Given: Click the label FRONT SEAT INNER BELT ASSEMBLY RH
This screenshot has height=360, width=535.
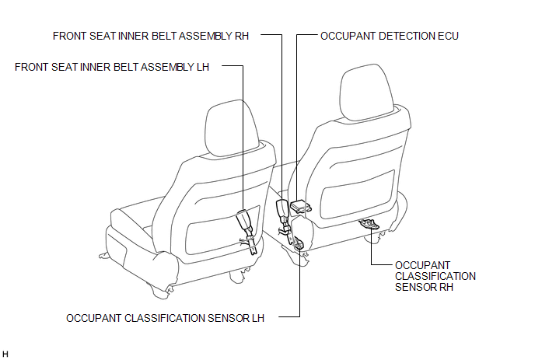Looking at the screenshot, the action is (x=151, y=36).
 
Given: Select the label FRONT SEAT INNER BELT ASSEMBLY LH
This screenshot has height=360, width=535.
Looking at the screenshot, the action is (x=112, y=67).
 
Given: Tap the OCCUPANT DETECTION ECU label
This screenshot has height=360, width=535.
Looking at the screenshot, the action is (x=390, y=36).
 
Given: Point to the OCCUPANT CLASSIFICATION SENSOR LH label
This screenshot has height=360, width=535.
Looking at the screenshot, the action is (x=165, y=318).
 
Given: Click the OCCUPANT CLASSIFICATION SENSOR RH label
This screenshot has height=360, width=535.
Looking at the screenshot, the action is (x=435, y=276).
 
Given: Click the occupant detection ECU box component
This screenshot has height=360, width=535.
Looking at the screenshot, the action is (x=301, y=206).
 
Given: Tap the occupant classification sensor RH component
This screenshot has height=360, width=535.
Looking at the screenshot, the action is (x=369, y=223).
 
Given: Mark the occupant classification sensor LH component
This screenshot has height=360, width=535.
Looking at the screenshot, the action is (x=298, y=243).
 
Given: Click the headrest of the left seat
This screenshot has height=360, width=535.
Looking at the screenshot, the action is (x=232, y=128).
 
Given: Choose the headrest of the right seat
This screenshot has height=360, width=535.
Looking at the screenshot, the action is (x=367, y=92).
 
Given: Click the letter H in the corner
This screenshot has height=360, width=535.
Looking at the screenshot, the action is (x=5, y=355).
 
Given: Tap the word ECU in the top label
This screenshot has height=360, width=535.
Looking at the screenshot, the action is (x=448, y=36).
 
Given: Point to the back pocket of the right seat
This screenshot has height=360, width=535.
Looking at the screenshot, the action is (x=358, y=194).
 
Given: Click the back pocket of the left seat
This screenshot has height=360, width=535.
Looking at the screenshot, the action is (x=223, y=229).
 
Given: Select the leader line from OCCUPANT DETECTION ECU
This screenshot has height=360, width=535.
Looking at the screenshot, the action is (x=296, y=116).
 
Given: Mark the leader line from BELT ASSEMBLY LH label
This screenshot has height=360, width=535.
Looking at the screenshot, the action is (x=243, y=137).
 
